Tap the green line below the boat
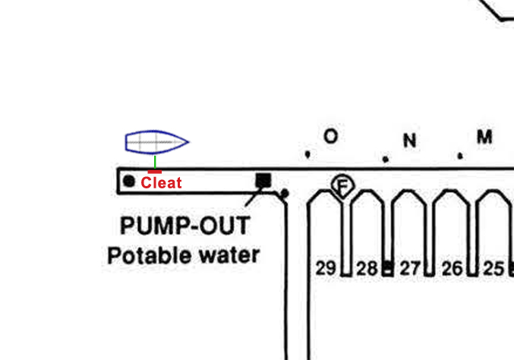click(155, 162)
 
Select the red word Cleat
click(161, 182)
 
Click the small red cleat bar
click(154, 172)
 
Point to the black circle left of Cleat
click(129, 181)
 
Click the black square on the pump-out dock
click(263, 181)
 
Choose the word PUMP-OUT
click(185, 226)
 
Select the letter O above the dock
click(330, 136)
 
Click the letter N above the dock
click(409, 141)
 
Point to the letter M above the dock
click(484, 137)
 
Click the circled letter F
click(342, 186)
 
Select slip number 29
click(326, 268)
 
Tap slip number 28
click(367, 269)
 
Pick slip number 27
click(410, 269)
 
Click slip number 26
click(453, 269)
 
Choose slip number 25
click(494, 269)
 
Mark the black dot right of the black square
click(285, 194)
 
